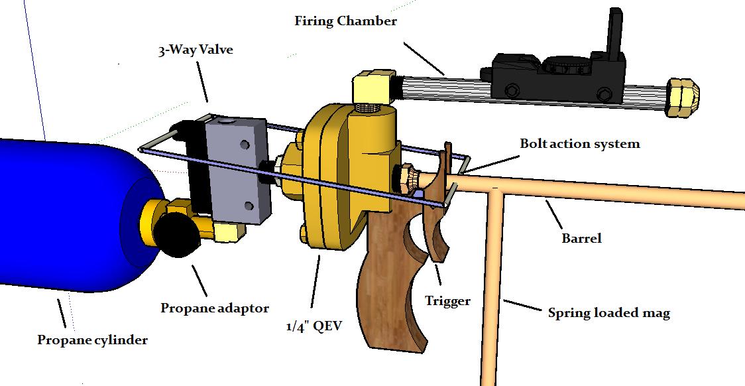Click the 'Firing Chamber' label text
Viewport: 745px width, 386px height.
pyautogui.click(x=345, y=21)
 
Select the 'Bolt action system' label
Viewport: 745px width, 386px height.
pyautogui.click(x=579, y=144)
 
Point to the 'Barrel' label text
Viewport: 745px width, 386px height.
pyautogui.click(x=581, y=237)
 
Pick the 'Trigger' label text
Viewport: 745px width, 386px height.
pyautogui.click(x=447, y=301)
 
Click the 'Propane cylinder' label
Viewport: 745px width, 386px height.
pyautogui.click(x=92, y=340)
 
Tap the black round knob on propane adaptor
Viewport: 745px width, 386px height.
pyautogui.click(x=178, y=236)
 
